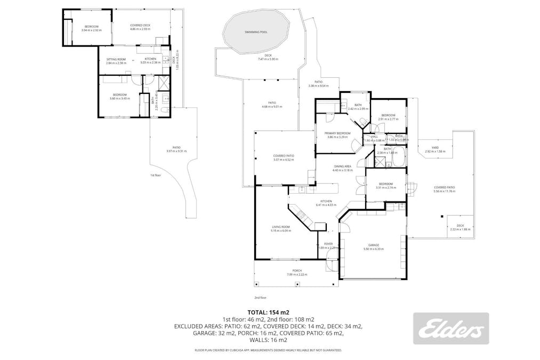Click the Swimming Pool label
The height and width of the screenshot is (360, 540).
(256, 32)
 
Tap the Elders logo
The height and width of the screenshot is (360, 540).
(451, 329)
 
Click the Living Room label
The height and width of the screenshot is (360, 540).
(280, 227)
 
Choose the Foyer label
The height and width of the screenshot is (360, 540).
(328, 244)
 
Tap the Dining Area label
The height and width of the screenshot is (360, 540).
(342, 166)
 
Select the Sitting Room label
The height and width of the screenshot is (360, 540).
(116, 59)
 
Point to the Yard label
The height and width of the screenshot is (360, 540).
(434, 148)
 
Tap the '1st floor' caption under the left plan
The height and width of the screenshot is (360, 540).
(155, 174)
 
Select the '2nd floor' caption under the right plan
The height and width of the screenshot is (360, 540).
(260, 298)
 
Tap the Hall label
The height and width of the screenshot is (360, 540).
(374, 137)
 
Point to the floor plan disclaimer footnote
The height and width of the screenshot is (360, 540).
(268, 350)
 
